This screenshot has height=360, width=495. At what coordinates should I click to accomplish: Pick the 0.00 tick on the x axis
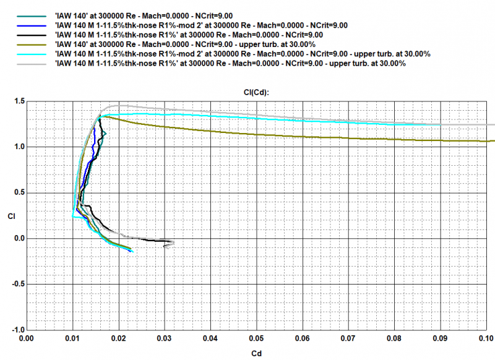click(27, 338)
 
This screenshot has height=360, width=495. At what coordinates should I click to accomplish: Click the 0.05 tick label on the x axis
click(257, 338)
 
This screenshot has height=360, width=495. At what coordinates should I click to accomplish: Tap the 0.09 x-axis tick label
click(441, 338)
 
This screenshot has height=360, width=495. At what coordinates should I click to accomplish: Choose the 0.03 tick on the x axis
click(165, 338)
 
